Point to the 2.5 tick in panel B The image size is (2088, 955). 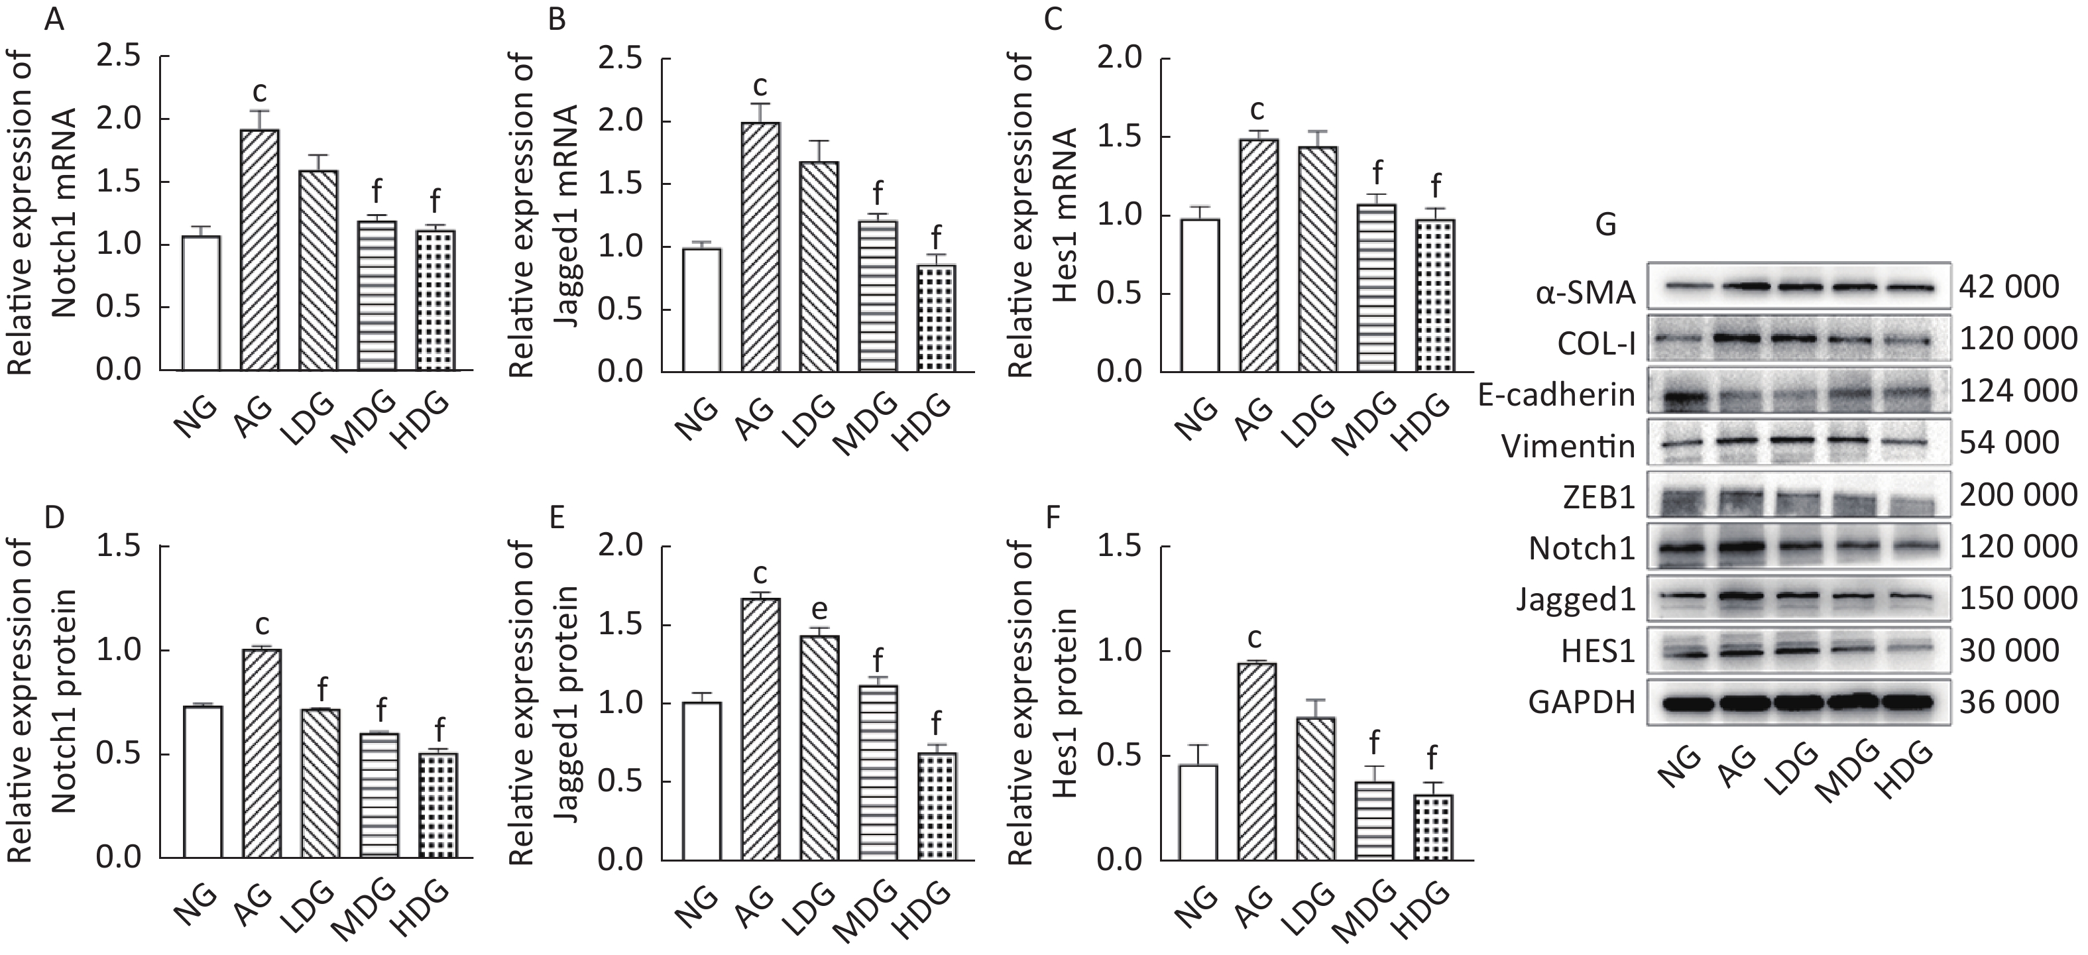[622, 58]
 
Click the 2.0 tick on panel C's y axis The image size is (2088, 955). [1120, 58]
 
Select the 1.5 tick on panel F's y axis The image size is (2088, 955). [1120, 547]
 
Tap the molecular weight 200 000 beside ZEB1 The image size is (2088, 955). [2018, 494]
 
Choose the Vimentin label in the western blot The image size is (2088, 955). [1568, 446]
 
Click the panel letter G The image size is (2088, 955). [1605, 224]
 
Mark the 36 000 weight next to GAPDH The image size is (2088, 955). [2008, 702]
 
